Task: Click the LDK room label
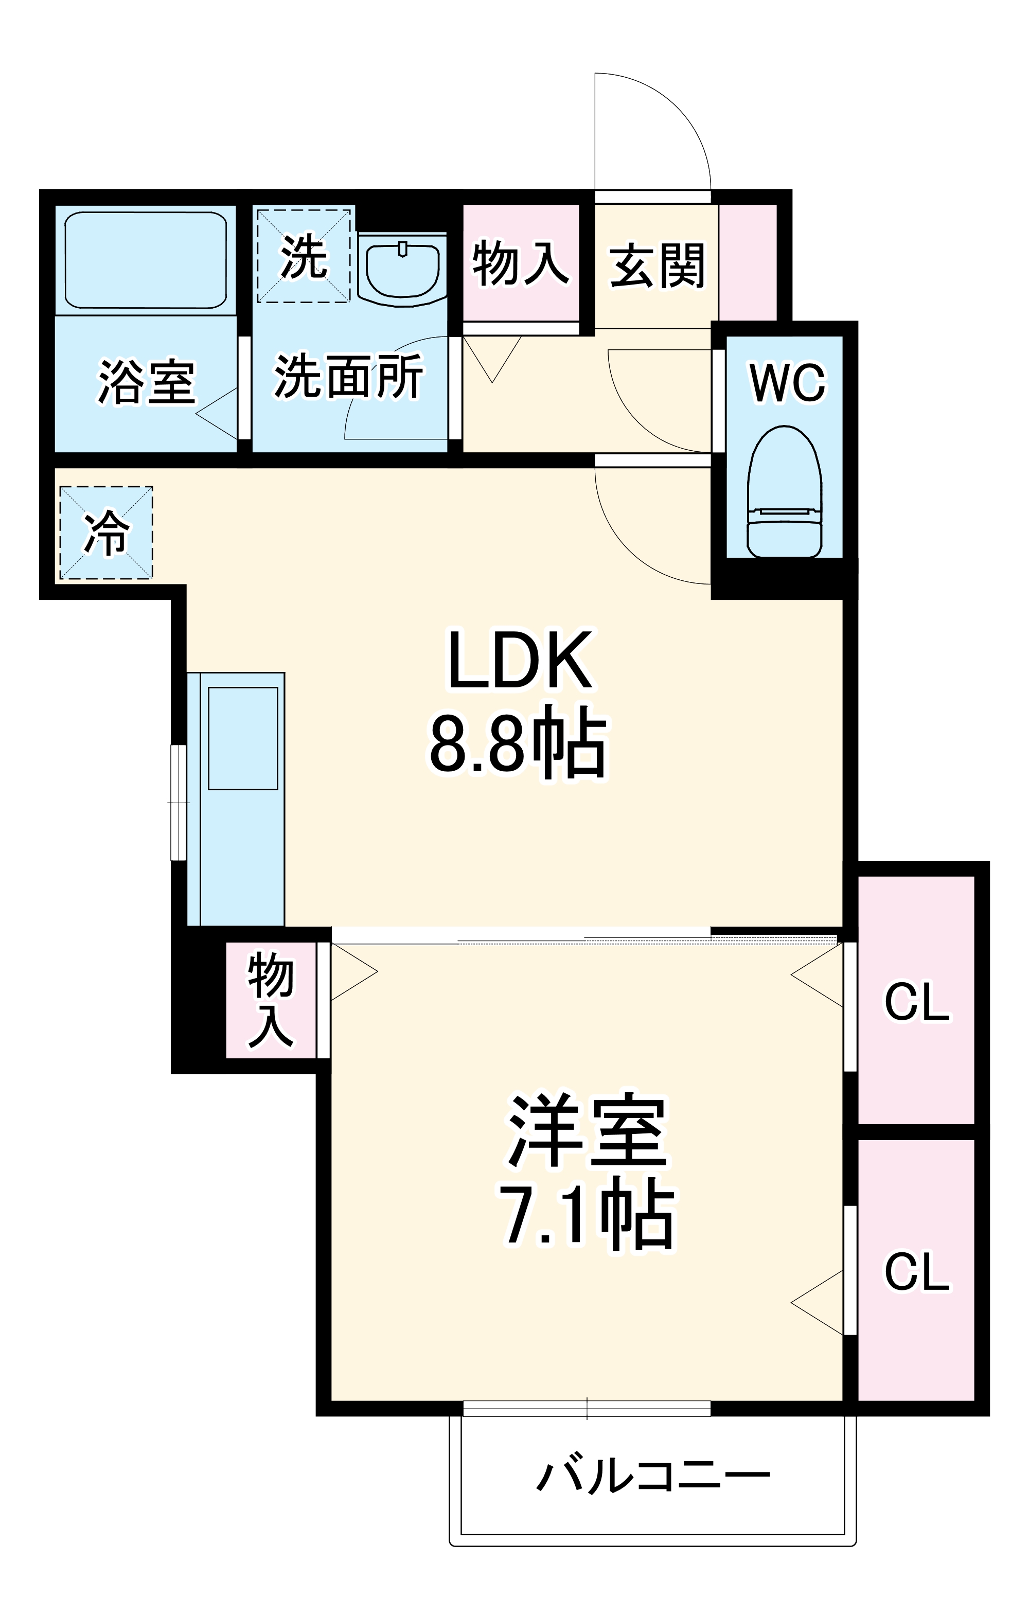coord(520,660)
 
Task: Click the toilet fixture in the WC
coord(784,493)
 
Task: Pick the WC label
coord(787,383)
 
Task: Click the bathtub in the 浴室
coord(146,259)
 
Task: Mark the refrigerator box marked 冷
coord(107,533)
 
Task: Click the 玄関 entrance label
coord(657,266)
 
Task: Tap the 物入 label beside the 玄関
coord(521,263)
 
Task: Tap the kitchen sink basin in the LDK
coord(243,738)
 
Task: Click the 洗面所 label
coord(349,377)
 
